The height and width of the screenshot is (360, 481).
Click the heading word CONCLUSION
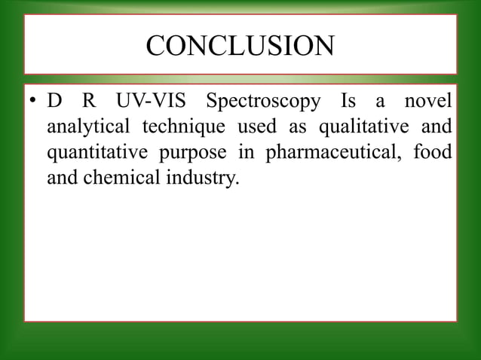click(240, 47)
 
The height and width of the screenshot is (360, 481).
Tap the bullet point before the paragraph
click(35, 102)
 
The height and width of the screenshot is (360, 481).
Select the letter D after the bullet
click(54, 101)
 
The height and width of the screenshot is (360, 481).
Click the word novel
click(429, 101)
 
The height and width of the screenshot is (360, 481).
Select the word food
click(435, 152)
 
